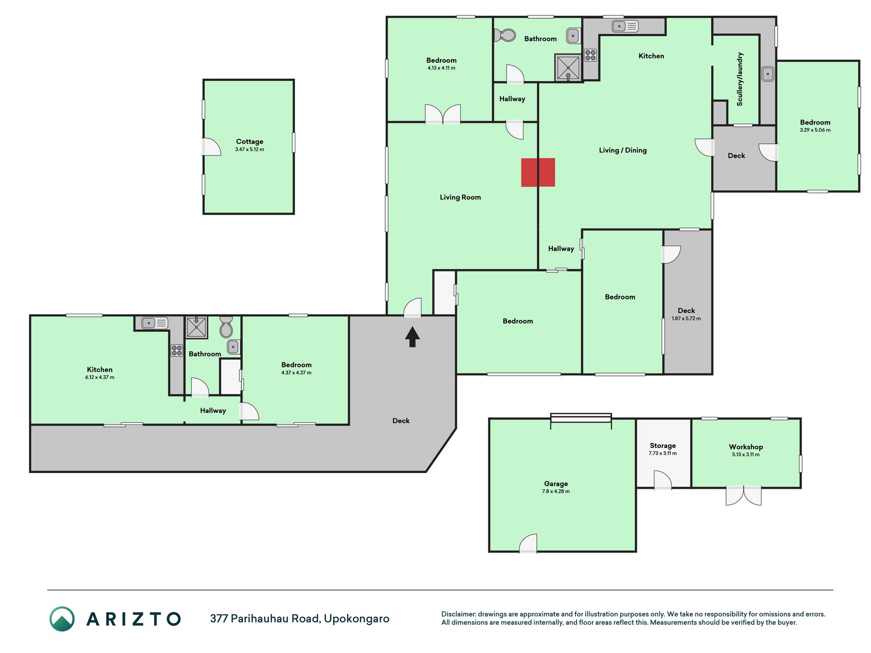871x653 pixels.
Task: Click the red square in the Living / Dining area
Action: coord(538,172)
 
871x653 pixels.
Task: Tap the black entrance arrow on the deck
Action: coord(412,337)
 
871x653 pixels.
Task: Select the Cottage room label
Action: coord(250,141)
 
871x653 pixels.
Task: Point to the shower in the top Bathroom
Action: coord(568,67)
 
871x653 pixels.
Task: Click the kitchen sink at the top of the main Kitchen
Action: coord(625,26)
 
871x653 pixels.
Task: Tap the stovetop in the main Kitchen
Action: coord(591,55)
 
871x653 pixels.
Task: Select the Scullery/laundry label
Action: coord(740,79)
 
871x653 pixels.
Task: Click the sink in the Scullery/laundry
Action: coord(768,74)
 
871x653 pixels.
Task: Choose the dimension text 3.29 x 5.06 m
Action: coord(815,130)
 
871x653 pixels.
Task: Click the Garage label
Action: coord(556,484)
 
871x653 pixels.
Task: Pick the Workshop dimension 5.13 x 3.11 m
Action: coord(745,455)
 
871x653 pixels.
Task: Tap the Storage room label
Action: coord(662,445)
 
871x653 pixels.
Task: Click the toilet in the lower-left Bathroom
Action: coord(226,327)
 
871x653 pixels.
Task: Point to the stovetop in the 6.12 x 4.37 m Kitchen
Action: coord(177,350)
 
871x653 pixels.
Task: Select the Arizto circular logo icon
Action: coord(62,619)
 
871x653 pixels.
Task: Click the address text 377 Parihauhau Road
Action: coord(265,618)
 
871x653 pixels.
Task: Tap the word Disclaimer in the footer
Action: coord(458,614)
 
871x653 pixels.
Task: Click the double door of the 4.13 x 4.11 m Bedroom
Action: coord(443,114)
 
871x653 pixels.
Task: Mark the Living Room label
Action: coord(460,197)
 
